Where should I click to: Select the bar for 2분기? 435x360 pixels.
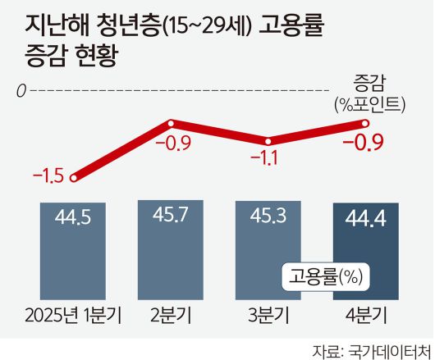[171, 250]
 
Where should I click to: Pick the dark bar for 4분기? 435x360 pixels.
[364, 250]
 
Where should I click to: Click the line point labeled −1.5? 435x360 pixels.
[75, 176]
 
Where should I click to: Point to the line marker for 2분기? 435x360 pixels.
[171, 125]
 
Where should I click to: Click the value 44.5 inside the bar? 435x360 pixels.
[72, 217]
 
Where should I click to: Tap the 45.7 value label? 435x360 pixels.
[171, 216]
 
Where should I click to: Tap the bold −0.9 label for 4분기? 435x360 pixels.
[363, 144]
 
